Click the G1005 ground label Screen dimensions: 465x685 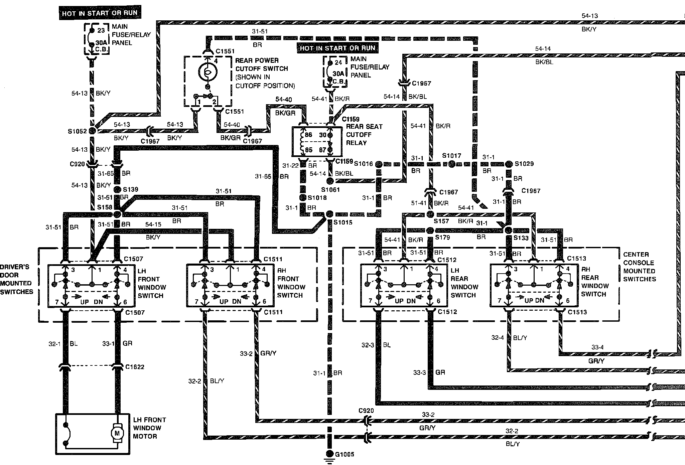[x=345, y=454]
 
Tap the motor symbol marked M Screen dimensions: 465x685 [x=117, y=433]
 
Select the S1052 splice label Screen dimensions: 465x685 [x=77, y=131]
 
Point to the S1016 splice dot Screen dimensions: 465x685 [x=379, y=164]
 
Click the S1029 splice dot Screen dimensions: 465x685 [x=509, y=164]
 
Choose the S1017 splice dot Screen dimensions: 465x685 [x=451, y=164]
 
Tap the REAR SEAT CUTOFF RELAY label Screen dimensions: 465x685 [x=364, y=135]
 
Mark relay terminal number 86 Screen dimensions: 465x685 [x=308, y=135]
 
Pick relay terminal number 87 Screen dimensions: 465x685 [x=322, y=150]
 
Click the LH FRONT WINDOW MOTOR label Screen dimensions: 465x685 [x=149, y=428]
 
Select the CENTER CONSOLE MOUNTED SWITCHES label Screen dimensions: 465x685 [x=639, y=267]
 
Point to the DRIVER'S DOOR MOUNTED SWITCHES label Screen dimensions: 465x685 [x=16, y=279]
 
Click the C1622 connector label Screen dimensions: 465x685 [x=135, y=367]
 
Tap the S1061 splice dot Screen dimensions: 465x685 [x=330, y=181]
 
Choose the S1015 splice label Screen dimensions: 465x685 [x=343, y=222]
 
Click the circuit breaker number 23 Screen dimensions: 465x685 [x=101, y=30]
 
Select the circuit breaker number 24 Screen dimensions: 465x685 [x=338, y=62]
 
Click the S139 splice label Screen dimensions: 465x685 [x=130, y=189]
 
